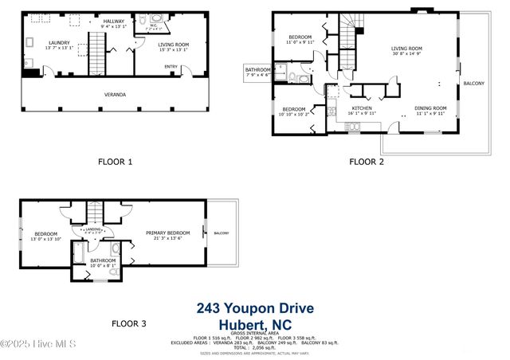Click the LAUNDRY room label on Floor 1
click(x=59, y=43)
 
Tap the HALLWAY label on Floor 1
click(x=114, y=21)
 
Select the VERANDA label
click(x=115, y=94)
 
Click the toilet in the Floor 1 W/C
click(x=154, y=19)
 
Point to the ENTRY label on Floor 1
click(x=171, y=67)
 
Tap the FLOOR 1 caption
click(x=115, y=162)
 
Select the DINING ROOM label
click(x=430, y=108)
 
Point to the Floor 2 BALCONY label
click(x=473, y=84)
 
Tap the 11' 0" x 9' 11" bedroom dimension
click(x=300, y=42)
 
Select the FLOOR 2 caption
click(x=367, y=162)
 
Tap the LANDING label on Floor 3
click(x=93, y=229)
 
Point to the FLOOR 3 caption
click(x=129, y=323)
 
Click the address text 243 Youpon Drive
click(x=255, y=309)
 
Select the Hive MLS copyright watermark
click(x=38, y=344)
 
